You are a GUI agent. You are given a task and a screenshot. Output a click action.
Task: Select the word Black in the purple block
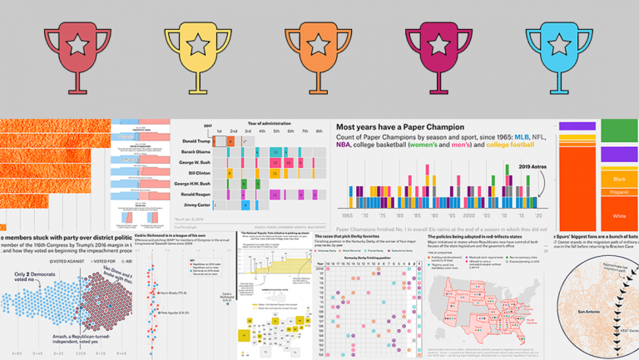pos(617,178)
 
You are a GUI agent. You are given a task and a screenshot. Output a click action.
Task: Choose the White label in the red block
pos(617,215)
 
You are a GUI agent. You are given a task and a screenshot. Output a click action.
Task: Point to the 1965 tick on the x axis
pos(347,215)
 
